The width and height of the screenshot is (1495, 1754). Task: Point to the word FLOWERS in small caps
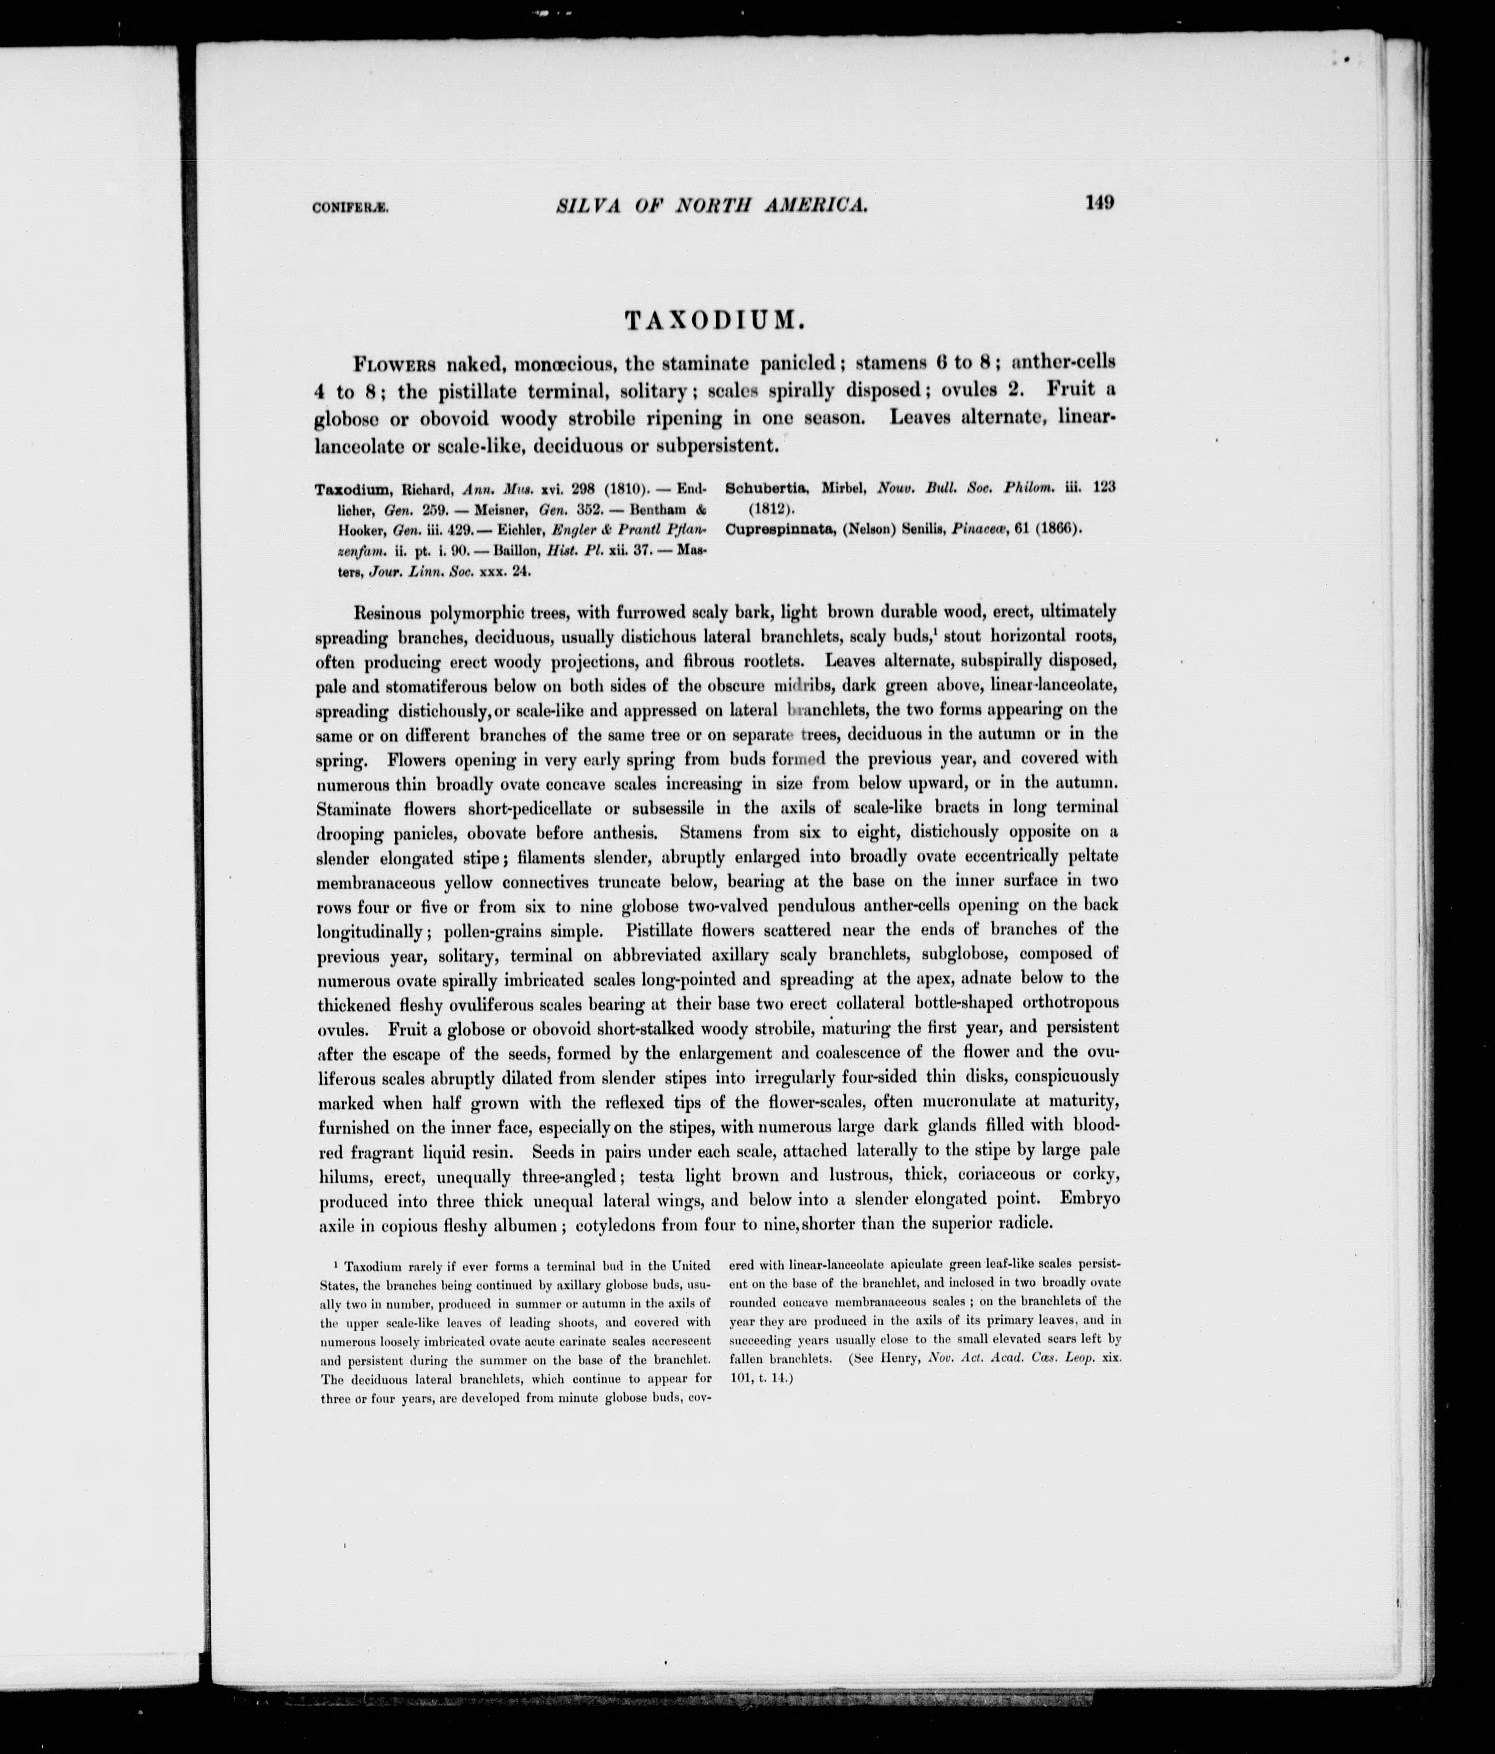tap(394, 365)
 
